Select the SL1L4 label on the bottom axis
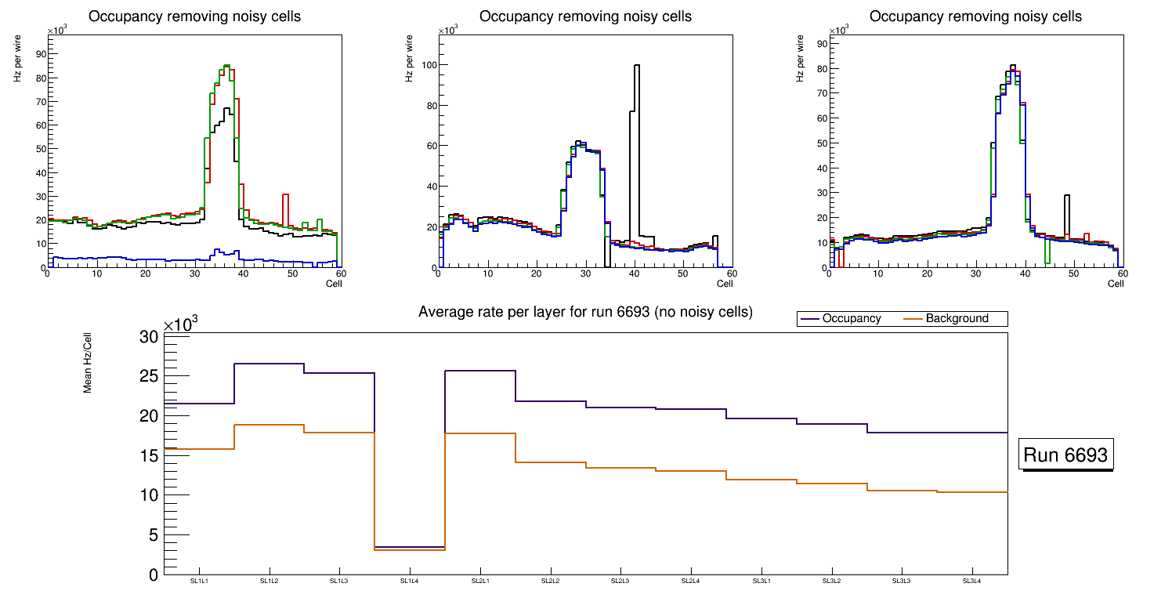click(409, 581)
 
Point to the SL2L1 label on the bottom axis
click(479, 581)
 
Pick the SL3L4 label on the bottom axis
click(971, 581)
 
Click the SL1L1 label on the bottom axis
click(199, 581)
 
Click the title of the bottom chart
click(585, 312)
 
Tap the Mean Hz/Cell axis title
click(89, 365)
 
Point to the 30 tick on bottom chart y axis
click(150, 337)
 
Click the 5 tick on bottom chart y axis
click(154, 535)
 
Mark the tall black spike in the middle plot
click(636, 118)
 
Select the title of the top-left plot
click(194, 16)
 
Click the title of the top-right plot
click(975, 16)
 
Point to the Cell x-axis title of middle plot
click(724, 284)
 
